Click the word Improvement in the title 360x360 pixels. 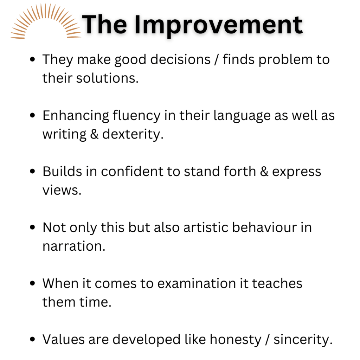219,25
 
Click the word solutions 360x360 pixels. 107,78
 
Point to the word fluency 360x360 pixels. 136,116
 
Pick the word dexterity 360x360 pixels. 133,135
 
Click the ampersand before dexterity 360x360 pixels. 94,134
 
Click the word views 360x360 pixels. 62,191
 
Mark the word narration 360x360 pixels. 74,246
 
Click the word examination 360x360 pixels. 197,284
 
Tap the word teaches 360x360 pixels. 277,284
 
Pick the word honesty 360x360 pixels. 236,340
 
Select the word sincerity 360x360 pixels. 303,340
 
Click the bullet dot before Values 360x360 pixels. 32,339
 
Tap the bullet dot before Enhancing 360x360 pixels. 32,115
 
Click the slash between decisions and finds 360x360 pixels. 216,60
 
